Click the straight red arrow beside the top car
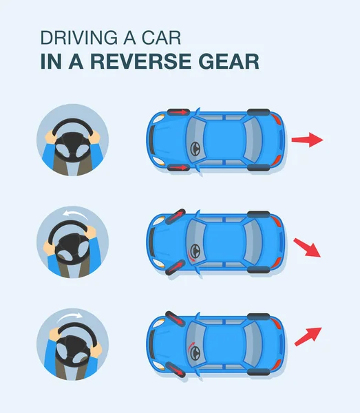pos(307,140)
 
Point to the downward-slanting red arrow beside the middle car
pos(307,247)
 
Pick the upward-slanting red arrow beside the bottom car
pos(307,336)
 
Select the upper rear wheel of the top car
pos(258,111)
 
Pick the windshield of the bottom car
pos(195,344)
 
